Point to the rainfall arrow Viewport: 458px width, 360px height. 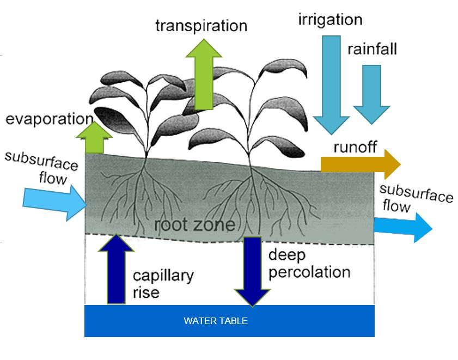(371, 93)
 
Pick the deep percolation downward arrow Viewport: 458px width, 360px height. (252, 270)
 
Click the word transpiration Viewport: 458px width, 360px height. (201, 26)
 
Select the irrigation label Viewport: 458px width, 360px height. (330, 20)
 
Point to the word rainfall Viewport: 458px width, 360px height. (372, 50)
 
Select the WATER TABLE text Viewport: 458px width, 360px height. (216, 321)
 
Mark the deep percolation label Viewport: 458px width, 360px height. (309, 264)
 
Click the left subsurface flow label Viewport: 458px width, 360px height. (37, 168)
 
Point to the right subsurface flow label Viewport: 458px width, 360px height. (415, 198)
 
